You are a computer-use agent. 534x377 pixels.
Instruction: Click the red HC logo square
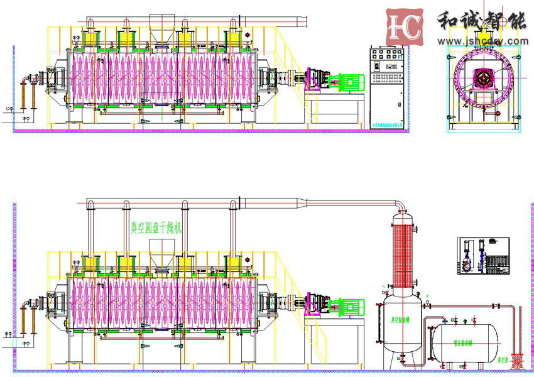pos(404,27)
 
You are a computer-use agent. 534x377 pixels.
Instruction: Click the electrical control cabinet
pos(386,84)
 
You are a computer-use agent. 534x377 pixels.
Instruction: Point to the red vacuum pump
pos(517,361)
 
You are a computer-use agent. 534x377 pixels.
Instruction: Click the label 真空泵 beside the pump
pos(503,361)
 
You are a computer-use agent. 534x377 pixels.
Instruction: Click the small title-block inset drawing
pos(482,256)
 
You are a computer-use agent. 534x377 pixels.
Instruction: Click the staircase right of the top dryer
pos(291,57)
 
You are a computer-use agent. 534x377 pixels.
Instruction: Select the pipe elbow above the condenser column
pos(398,204)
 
